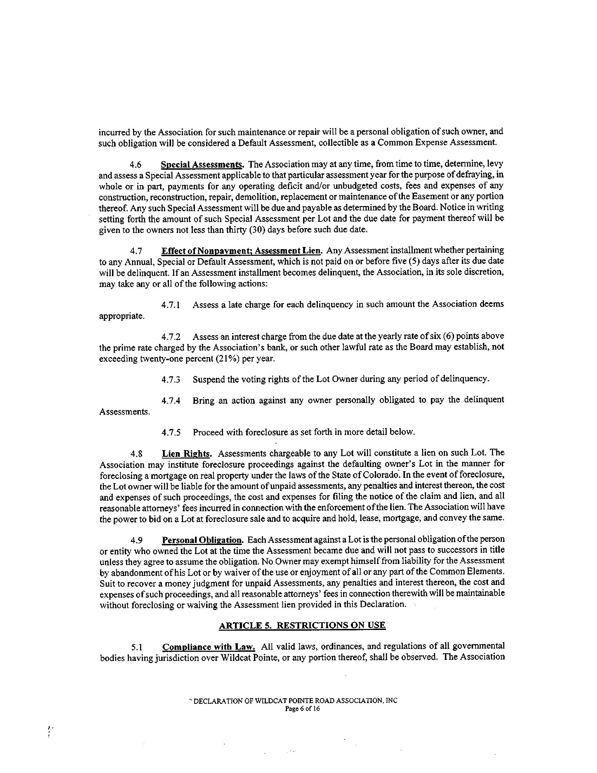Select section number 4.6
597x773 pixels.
click(136, 165)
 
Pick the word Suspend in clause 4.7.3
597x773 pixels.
click(208, 379)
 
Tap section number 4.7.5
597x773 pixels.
click(171, 433)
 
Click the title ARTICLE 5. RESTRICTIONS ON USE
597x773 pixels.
click(302, 625)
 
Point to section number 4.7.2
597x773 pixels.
click(171, 336)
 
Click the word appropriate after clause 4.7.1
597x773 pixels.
click(121, 316)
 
